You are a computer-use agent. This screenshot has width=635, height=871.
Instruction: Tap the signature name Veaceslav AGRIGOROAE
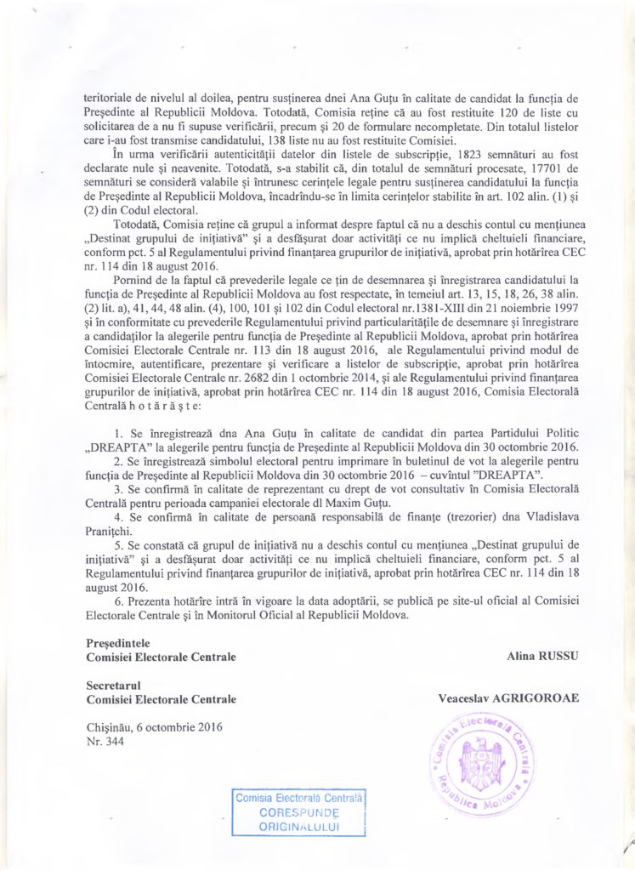tap(508, 698)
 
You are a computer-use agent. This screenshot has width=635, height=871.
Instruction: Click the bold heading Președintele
tap(122, 644)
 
